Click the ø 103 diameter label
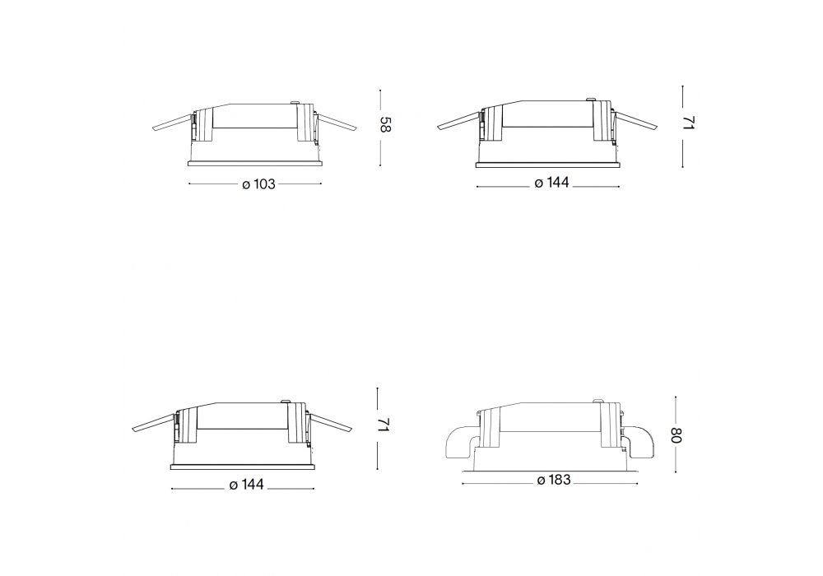258,184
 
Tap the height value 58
384,124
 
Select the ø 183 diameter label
554,480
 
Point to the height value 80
676,435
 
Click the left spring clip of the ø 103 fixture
174,122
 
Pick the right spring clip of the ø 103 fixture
336,123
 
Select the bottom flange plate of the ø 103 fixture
254,164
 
